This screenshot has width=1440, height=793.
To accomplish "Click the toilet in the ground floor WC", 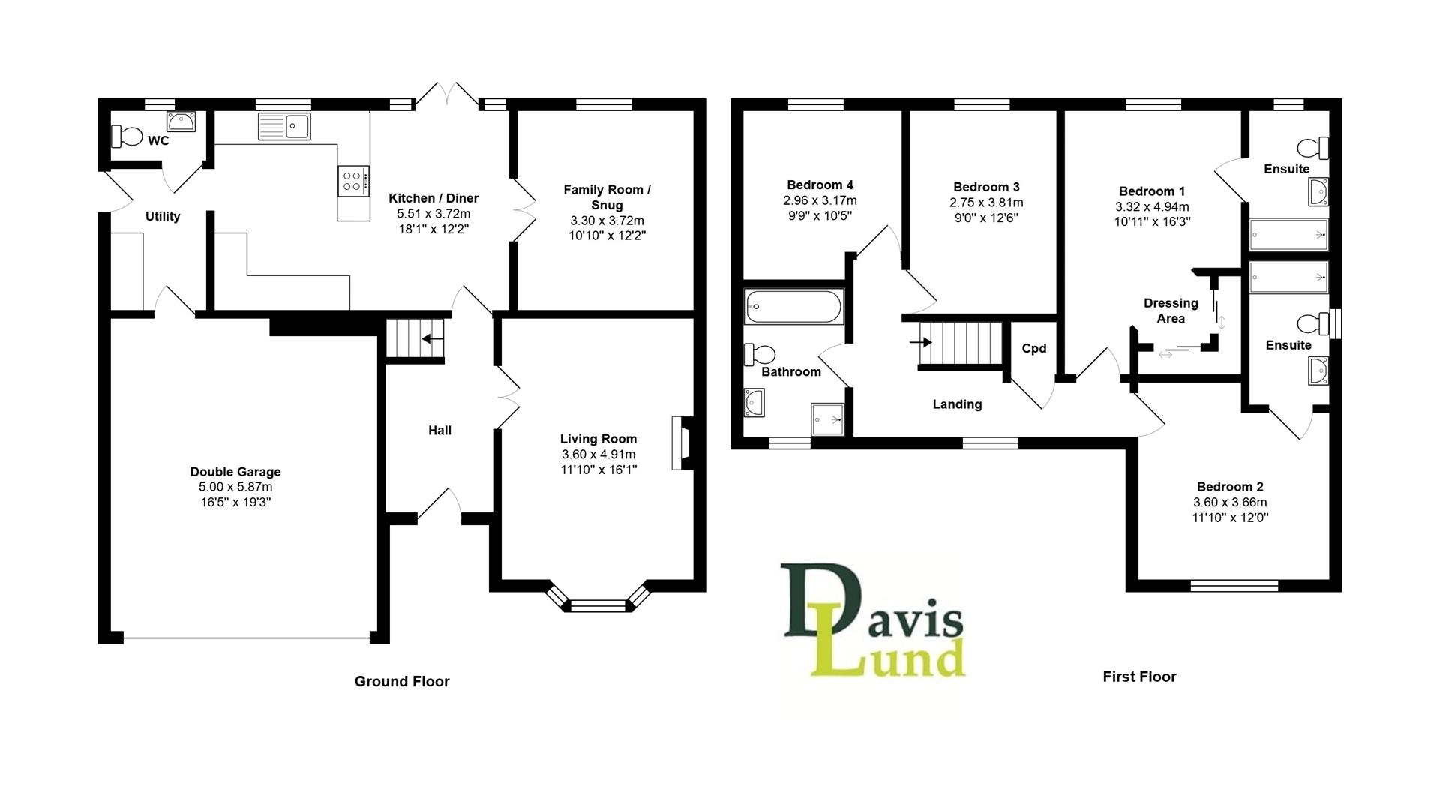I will pyautogui.click(x=127, y=137).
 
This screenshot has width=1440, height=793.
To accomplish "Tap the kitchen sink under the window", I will pyautogui.click(x=284, y=126).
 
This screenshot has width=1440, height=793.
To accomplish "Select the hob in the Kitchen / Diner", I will pyautogui.click(x=353, y=181).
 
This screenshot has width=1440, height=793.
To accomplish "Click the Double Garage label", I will pyautogui.click(x=235, y=472).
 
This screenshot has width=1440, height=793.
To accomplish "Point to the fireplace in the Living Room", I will pyautogui.click(x=682, y=443).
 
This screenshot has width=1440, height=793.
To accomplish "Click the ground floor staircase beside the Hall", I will pyautogui.click(x=415, y=338).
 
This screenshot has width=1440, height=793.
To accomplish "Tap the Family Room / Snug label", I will pyautogui.click(x=607, y=197).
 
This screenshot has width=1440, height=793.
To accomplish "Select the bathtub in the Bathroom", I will pyautogui.click(x=793, y=307).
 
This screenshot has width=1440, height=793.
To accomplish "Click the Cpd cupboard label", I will pyautogui.click(x=1033, y=348).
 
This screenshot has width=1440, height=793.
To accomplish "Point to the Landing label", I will pyautogui.click(x=957, y=404).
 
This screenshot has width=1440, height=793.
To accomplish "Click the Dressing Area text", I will pyautogui.click(x=1171, y=311).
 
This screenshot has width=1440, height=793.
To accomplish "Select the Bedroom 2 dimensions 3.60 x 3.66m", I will pyautogui.click(x=1230, y=503).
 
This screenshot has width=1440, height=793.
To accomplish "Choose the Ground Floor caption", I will pyautogui.click(x=402, y=681).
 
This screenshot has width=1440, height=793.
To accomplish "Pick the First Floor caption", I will pyautogui.click(x=1139, y=677).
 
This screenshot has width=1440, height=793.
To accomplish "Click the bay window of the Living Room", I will pyautogui.click(x=598, y=605).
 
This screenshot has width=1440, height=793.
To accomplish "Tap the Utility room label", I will pyautogui.click(x=163, y=216).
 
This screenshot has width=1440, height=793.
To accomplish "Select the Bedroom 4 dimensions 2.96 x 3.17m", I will pyautogui.click(x=820, y=200).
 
